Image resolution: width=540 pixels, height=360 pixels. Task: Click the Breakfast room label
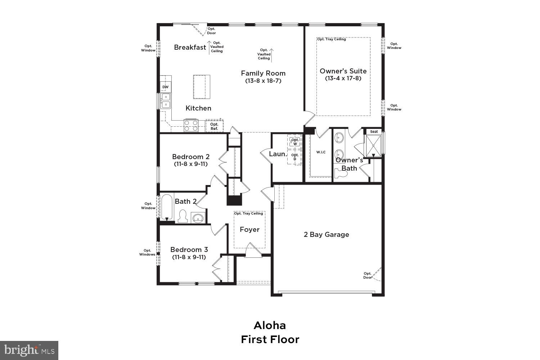point(190,47)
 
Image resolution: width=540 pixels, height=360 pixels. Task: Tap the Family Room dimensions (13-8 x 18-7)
point(263,81)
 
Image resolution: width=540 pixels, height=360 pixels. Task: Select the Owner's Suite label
point(343,71)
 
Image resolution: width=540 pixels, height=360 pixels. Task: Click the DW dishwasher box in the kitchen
point(165,87)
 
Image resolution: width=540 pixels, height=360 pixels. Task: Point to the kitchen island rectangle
point(202,87)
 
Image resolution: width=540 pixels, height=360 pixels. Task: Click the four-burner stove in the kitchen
point(191,125)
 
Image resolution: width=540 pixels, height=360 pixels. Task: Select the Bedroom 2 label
point(191,157)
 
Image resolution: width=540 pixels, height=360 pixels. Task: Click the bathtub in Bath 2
point(167,208)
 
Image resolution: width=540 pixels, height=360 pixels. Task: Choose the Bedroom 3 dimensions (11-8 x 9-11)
point(189,257)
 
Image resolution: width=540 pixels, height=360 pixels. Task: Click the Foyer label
point(249,229)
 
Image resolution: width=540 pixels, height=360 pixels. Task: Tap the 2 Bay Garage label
point(327,234)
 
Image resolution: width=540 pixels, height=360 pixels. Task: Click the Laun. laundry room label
point(278,154)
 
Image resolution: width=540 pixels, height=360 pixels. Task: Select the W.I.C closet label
point(321,152)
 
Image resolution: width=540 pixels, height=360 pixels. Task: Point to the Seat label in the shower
point(374,131)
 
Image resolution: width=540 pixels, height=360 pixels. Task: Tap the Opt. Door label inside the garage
point(367,275)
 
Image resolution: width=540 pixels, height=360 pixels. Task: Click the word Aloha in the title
point(270,325)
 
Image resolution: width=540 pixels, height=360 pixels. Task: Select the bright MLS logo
point(29,350)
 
